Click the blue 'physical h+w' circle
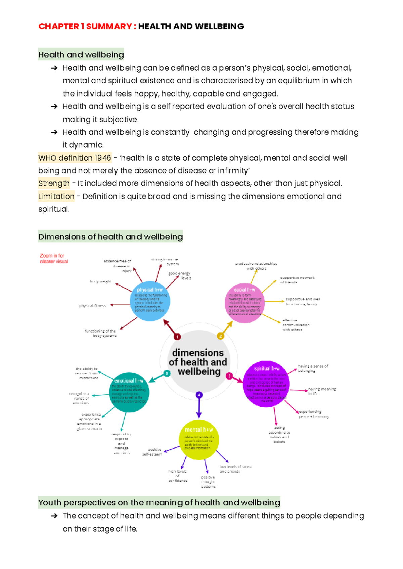point(150,301)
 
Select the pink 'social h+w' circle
point(244,303)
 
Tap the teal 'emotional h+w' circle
point(129,392)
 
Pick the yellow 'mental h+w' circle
point(199,439)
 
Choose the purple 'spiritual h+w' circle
point(266,384)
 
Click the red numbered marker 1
point(177,337)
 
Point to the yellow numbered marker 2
point(220,336)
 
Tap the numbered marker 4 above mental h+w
point(199,395)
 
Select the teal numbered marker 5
point(167,374)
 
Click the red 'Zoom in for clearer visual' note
point(54,259)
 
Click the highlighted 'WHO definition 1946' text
point(75,158)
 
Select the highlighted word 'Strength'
point(54,183)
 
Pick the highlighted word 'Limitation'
point(56,196)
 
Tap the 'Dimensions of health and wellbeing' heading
point(110,236)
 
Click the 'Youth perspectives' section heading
point(159,502)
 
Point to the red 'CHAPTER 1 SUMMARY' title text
point(85,26)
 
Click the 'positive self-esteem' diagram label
point(153,452)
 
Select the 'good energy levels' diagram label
point(180,276)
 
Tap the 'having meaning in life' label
point(321,391)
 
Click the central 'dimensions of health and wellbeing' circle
point(198,362)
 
